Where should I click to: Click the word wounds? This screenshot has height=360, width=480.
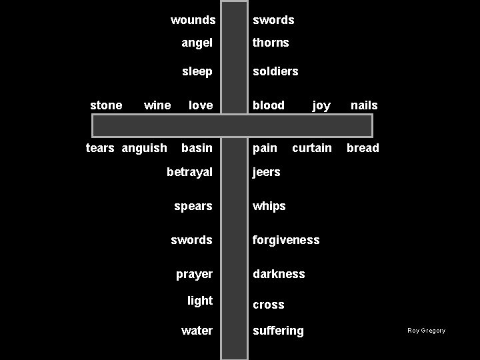click(x=193, y=20)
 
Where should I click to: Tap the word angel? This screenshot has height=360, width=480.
click(x=197, y=43)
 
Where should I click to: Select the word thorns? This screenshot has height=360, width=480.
click(x=271, y=43)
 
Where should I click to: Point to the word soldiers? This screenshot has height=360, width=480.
click(x=275, y=71)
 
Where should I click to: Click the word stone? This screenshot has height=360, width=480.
click(x=106, y=105)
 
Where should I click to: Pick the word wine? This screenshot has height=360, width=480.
click(x=157, y=105)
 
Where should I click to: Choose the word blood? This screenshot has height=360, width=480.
click(x=269, y=105)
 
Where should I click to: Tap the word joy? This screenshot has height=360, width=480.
click(x=321, y=105)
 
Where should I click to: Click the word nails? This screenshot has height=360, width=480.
click(x=364, y=105)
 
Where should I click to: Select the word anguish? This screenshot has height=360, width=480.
click(x=145, y=148)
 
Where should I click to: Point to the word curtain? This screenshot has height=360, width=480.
click(x=312, y=148)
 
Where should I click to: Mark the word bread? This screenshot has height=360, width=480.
click(x=363, y=148)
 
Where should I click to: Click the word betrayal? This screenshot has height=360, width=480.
click(x=189, y=172)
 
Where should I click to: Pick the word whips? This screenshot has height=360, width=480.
click(x=269, y=207)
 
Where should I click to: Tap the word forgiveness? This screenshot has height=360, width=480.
click(x=286, y=240)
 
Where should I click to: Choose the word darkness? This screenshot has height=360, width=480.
click(x=279, y=274)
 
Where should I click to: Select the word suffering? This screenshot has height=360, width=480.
click(x=278, y=331)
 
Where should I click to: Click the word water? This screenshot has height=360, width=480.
click(x=197, y=331)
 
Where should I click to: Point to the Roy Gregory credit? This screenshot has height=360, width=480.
click(x=427, y=331)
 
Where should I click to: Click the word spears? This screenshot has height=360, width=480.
click(x=193, y=206)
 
